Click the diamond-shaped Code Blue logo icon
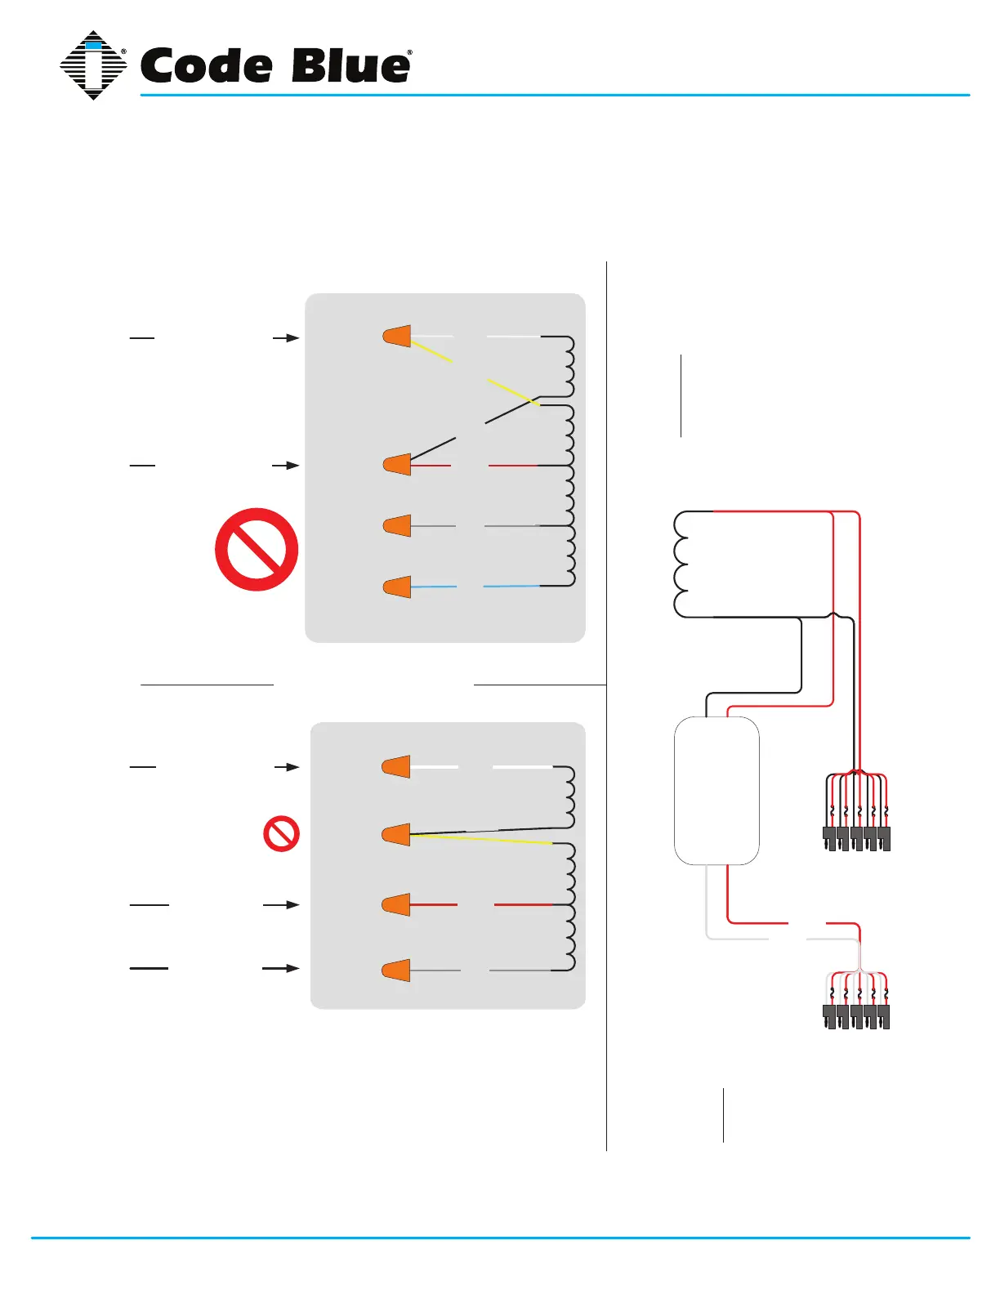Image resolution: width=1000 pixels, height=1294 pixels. tap(93, 65)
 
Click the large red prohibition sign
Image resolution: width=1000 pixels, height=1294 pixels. tap(257, 550)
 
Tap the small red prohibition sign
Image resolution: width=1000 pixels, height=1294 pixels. tap(281, 834)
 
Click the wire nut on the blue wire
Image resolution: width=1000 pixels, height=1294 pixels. tap(398, 587)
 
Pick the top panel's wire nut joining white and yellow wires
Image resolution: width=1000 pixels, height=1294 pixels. tap(398, 336)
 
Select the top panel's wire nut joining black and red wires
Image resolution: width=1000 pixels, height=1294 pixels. tap(398, 465)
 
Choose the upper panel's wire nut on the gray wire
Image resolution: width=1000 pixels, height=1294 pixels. tap(398, 525)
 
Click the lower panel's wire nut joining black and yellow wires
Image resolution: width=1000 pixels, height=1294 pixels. tap(397, 835)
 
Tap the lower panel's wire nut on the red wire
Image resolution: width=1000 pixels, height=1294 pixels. tap(397, 905)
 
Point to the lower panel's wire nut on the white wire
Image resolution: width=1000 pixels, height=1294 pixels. tap(397, 767)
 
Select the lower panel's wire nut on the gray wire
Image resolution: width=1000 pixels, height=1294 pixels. tap(397, 970)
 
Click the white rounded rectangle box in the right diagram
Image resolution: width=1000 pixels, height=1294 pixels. tap(717, 791)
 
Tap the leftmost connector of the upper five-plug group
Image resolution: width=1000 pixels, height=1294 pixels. tap(829, 838)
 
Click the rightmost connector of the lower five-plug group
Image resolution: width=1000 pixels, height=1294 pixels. tap(883, 1016)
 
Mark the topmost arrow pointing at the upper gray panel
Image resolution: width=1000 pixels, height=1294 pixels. tap(286, 337)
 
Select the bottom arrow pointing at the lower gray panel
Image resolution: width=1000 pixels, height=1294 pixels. tap(281, 968)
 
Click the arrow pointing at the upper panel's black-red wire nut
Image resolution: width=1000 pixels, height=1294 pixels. tap(286, 465)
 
